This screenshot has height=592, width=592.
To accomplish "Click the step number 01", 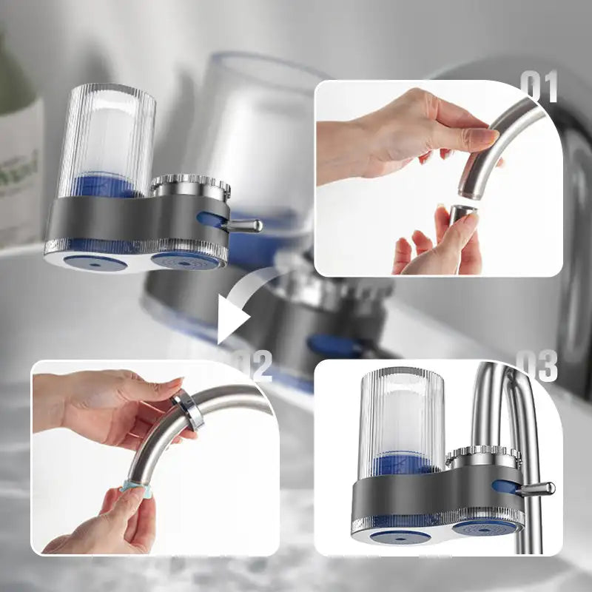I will coord(538,87).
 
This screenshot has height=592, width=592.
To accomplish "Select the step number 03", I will coord(536,366).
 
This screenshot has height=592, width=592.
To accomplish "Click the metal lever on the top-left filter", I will coord(244,225).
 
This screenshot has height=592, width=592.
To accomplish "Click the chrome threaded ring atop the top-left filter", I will coord(190,186).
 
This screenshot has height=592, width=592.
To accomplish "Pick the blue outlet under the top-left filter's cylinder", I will coord(87,260).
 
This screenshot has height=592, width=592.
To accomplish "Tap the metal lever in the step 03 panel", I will coord(536,488).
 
